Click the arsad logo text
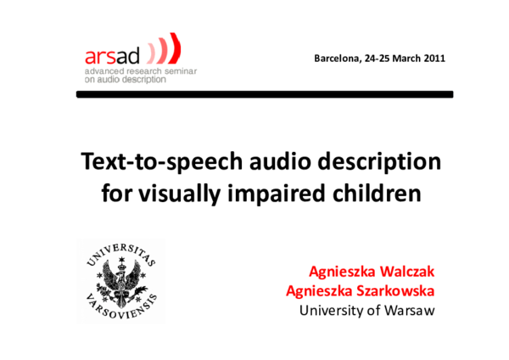click(x=111, y=57)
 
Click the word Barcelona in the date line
click(x=337, y=59)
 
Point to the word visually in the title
click(x=175, y=193)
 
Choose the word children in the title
click(x=372, y=193)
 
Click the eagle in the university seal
click(x=121, y=280)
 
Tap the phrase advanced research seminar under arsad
click(x=139, y=72)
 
